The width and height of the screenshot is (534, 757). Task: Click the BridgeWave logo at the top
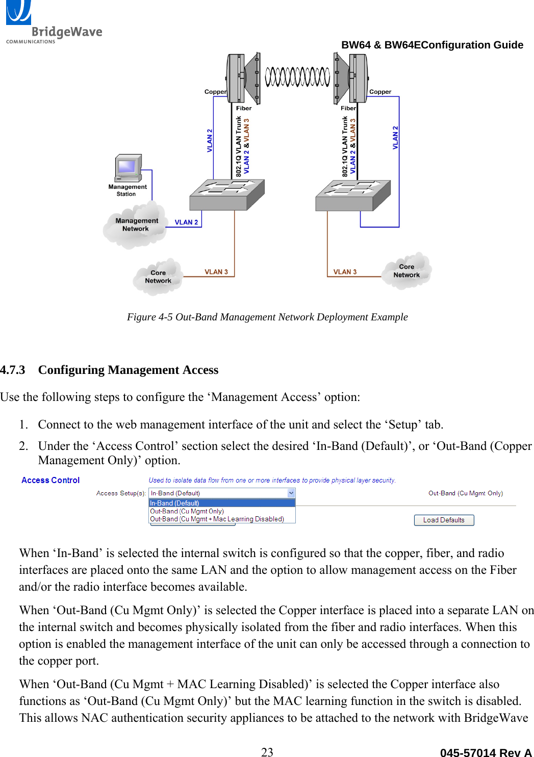53,22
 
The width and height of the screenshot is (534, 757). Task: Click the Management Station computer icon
128,168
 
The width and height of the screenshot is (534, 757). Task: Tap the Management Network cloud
136,225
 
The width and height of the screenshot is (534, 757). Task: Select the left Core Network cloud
158,277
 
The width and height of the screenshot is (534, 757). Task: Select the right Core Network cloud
406,271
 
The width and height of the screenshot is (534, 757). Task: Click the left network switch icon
227,195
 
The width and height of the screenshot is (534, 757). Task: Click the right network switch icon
353,196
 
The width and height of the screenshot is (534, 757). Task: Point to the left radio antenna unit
244,78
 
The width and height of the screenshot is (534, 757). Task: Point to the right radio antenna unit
351,79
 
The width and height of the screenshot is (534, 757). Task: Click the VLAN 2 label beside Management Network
186,222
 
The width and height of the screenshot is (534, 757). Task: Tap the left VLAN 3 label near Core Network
216,272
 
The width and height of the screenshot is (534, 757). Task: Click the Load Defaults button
444,520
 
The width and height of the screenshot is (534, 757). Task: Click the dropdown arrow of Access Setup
291,493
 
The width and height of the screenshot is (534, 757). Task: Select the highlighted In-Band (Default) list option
222,503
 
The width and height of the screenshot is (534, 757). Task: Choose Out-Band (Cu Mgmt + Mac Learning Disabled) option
217,519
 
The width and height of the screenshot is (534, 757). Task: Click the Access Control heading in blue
50,480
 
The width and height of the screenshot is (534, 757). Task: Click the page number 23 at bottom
267,751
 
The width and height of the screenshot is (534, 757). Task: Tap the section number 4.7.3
12,370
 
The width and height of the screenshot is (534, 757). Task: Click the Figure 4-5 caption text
267,317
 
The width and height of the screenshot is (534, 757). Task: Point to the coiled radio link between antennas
297,77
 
